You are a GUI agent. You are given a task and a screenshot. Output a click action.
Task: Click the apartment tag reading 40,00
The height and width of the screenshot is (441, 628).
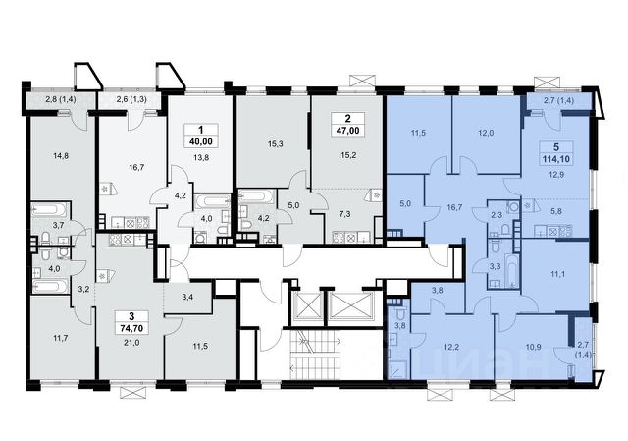click(x=201, y=136)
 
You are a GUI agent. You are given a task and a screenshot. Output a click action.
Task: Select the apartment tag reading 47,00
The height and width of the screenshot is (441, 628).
click(x=347, y=125)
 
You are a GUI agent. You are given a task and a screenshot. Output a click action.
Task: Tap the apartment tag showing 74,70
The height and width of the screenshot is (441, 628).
click(x=131, y=322)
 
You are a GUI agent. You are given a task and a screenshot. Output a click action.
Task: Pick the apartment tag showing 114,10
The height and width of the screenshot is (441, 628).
click(x=556, y=153)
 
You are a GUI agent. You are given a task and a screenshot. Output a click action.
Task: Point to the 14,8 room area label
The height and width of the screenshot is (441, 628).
click(x=61, y=156)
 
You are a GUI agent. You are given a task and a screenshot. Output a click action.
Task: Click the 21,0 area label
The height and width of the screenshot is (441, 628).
click(x=131, y=342)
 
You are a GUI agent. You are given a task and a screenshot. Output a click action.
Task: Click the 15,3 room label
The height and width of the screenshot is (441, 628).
click(x=275, y=144)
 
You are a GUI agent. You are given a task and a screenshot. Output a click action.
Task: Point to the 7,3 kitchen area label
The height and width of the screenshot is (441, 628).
click(x=344, y=214)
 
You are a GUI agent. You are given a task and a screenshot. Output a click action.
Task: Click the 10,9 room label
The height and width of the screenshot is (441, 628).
click(x=533, y=347)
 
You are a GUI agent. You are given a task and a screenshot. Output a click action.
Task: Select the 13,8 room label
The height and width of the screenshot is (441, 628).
click(x=200, y=157)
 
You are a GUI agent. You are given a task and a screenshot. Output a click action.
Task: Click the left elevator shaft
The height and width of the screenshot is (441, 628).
click(x=307, y=305)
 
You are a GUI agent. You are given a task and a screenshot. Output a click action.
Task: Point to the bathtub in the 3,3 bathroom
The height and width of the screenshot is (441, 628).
click(x=511, y=269)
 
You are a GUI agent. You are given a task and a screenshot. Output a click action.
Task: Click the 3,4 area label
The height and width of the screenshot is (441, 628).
click(x=187, y=297)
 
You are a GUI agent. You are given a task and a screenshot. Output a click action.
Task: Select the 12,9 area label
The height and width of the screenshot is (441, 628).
click(x=556, y=175)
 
